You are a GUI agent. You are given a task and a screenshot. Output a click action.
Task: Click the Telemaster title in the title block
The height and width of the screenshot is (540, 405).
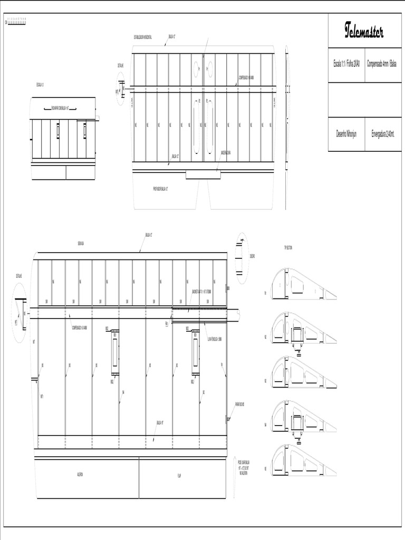point(364,31)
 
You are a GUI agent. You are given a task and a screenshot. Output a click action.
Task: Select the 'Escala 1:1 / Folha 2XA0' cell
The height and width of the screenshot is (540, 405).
point(346,63)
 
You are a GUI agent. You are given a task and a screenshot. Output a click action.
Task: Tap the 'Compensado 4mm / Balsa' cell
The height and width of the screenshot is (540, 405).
point(384,63)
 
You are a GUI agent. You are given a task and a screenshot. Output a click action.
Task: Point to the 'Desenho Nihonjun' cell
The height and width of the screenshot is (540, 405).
point(346,134)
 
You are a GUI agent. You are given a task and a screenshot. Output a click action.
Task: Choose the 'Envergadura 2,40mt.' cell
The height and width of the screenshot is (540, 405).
point(384,134)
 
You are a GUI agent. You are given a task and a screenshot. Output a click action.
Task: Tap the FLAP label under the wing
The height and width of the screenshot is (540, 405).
point(179,475)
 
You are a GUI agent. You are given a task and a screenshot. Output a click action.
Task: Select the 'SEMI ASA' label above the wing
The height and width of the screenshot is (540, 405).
point(81,244)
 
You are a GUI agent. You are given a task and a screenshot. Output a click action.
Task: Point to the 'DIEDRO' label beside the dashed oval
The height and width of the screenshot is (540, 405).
point(252,257)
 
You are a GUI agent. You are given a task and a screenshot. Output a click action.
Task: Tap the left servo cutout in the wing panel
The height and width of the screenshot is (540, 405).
point(114,351)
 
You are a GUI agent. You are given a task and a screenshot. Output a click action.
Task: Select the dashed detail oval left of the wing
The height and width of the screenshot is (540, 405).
point(20,313)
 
